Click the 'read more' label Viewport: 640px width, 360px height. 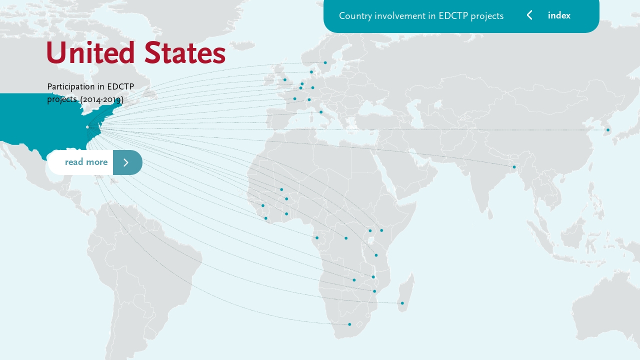pos(86,162)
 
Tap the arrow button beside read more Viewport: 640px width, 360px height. pos(127,162)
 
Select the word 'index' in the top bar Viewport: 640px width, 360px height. pos(559,15)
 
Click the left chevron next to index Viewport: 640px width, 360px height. pos(529,15)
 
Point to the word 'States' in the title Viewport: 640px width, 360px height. pos(184,53)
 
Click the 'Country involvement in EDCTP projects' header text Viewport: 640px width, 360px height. pos(421,15)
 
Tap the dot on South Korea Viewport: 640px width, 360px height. pos(608,130)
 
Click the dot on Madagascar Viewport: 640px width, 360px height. pos(402,303)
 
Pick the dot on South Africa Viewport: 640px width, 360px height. pos(349,324)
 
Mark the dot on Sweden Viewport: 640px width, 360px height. pos(325,62)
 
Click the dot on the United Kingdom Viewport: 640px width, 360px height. pos(285,80)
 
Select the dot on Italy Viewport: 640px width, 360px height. pos(321,112)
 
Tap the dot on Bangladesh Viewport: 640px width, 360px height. pos(514,167)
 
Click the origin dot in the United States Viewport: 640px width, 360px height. pos(87,127)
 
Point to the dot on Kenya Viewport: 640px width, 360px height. pos(381,230)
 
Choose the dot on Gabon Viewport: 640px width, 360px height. pos(317,238)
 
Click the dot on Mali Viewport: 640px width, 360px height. pos(281,189)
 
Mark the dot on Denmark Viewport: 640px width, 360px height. pos(311,72)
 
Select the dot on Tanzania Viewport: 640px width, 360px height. pos(376,255)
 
